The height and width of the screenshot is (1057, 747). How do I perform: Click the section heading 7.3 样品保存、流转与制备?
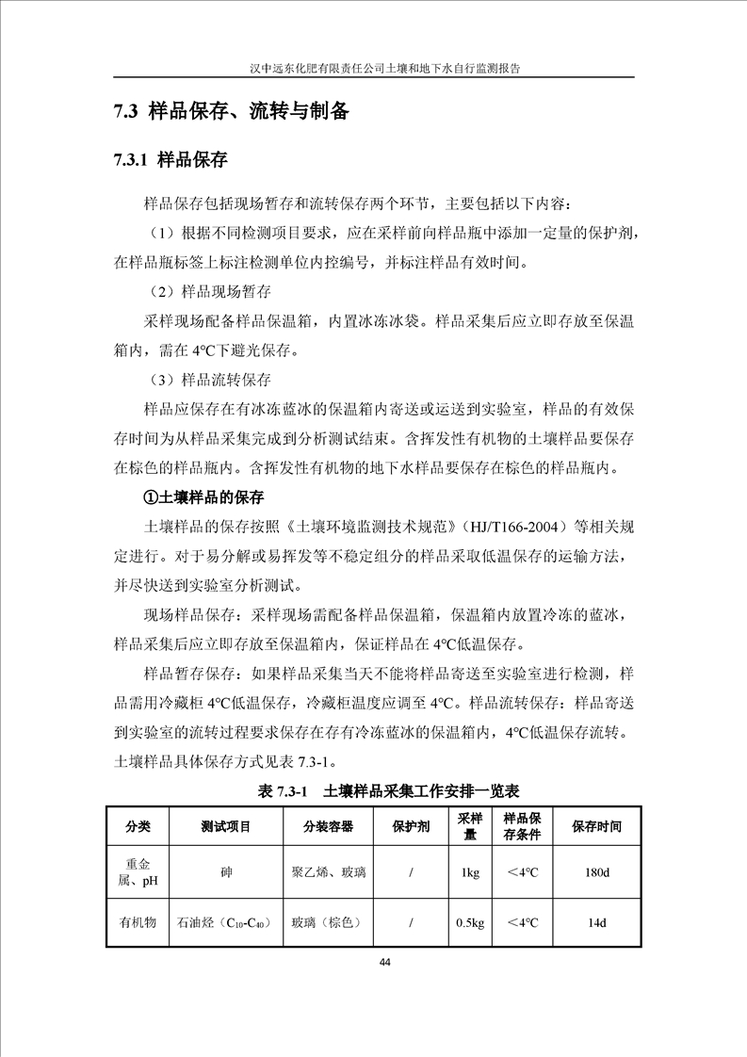pos(231,112)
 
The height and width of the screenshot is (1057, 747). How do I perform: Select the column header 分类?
pos(138,826)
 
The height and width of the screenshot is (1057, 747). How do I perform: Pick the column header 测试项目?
pos(226,826)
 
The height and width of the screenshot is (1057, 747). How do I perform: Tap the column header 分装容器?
pos(328,826)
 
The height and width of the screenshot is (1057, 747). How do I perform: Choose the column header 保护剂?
pos(412,826)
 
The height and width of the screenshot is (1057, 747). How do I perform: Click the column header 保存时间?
pos(596,826)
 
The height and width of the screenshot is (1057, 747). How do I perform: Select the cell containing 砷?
pos(226,873)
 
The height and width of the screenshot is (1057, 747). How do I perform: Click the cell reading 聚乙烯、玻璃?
pos(329,873)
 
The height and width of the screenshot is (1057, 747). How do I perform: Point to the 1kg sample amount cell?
pos(470,873)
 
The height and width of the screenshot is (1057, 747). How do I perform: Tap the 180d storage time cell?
pos(596,873)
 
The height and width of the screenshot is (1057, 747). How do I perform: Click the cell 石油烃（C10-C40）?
pos(226,923)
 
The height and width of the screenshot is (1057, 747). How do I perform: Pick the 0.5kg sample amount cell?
pos(470,923)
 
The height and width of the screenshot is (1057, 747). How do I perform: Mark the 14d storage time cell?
pos(596,923)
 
